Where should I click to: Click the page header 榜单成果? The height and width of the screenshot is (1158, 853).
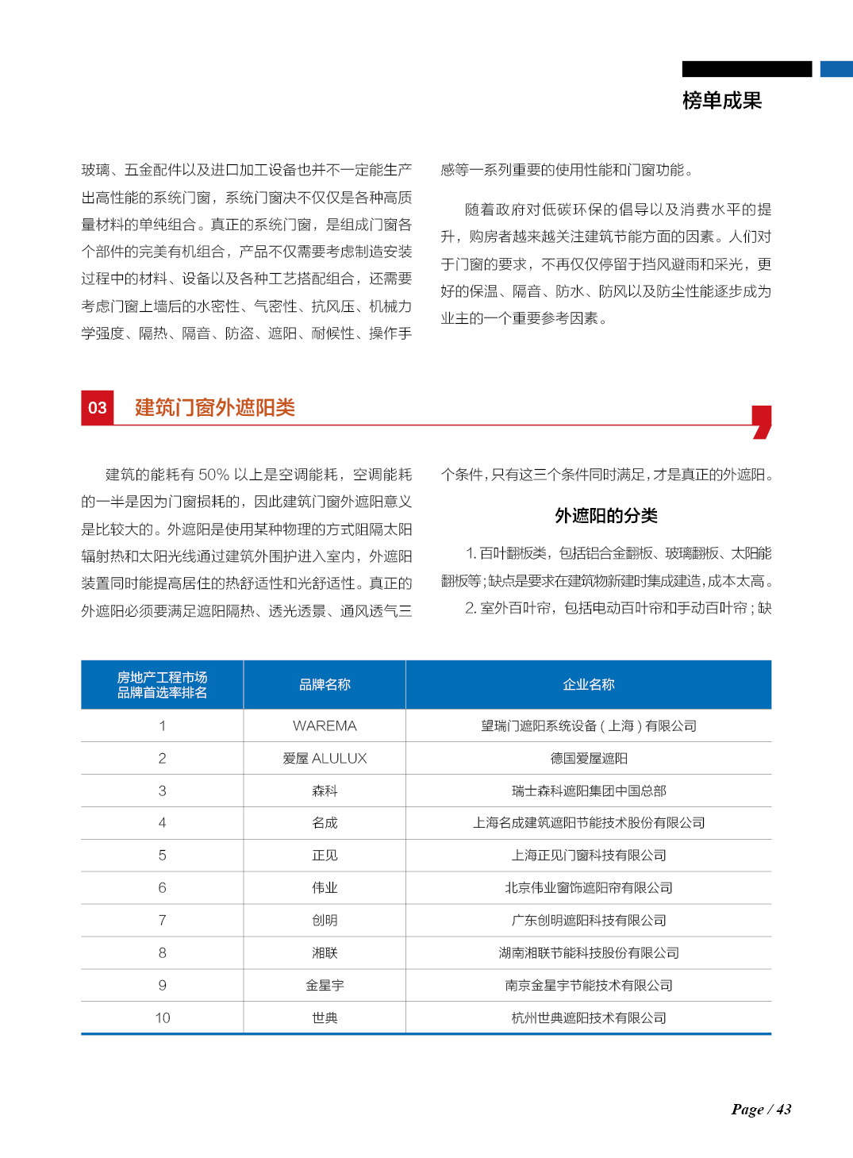pyautogui.click(x=721, y=101)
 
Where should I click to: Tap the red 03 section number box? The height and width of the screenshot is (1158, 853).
pyautogui.click(x=98, y=408)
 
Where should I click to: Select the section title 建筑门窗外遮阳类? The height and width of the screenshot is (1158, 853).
pyautogui.click(x=215, y=408)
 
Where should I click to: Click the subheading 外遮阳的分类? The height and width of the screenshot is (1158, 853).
pyautogui.click(x=606, y=516)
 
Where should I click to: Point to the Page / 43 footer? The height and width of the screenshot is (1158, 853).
pyautogui.click(x=761, y=1110)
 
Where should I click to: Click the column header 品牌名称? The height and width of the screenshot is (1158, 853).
pyautogui.click(x=325, y=684)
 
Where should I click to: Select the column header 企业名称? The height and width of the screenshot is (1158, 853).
pyautogui.click(x=588, y=684)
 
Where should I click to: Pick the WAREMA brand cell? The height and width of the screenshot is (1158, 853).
pyautogui.click(x=325, y=725)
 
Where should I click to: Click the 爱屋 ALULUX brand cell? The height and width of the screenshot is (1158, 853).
pyautogui.click(x=325, y=758)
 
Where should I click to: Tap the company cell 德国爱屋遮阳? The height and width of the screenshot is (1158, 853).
pyautogui.click(x=588, y=758)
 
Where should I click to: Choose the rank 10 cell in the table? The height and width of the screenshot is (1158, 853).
pyautogui.click(x=163, y=1018)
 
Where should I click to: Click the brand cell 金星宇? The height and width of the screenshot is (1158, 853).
pyautogui.click(x=325, y=985)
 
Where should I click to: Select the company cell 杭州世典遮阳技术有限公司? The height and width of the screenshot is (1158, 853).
pyautogui.click(x=588, y=1018)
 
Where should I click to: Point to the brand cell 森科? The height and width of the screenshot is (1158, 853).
pyautogui.click(x=325, y=791)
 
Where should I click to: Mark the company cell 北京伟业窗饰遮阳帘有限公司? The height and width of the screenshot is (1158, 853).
pyautogui.click(x=588, y=887)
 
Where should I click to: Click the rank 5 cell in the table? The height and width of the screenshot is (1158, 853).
pyautogui.click(x=163, y=855)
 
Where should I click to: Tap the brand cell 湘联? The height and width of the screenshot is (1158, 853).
pyautogui.click(x=325, y=952)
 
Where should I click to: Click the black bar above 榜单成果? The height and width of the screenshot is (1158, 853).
pyautogui.click(x=747, y=69)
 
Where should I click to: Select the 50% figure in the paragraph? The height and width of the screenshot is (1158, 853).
pyautogui.click(x=213, y=475)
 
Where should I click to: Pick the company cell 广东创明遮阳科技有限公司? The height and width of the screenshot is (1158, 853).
pyautogui.click(x=588, y=920)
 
